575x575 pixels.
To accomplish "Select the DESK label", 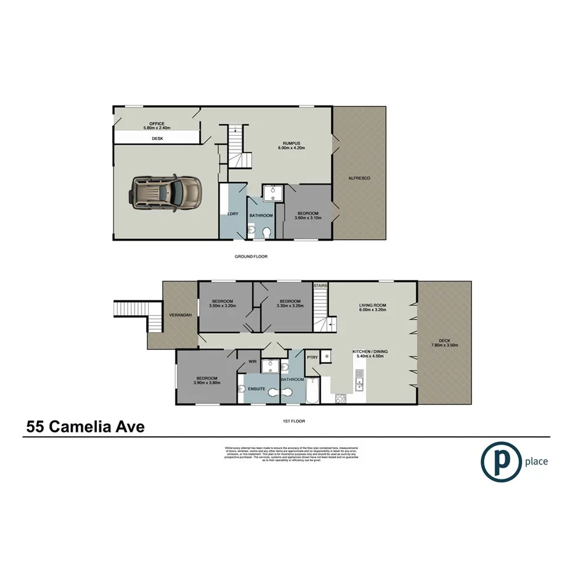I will click(x=157, y=139).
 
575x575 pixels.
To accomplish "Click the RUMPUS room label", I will click(x=291, y=143).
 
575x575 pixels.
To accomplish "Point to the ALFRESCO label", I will click(x=359, y=178).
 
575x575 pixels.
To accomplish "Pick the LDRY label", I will click(x=233, y=214).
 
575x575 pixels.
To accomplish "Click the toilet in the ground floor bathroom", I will click(x=266, y=233).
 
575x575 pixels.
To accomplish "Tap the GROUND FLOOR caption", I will click(x=250, y=256).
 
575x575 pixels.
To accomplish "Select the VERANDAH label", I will click(x=180, y=315).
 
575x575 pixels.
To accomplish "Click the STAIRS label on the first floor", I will click(x=320, y=286).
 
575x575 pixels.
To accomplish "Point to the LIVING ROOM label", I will click(x=373, y=305).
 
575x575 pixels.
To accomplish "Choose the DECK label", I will click(x=444, y=340).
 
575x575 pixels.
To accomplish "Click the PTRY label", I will click(x=312, y=357).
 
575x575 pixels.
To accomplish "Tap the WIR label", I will click(x=252, y=362).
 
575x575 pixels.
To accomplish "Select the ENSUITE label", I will click(x=257, y=389).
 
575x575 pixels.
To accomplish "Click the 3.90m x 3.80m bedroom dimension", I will click(x=207, y=383).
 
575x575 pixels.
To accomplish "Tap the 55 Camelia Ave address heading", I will click(x=85, y=426).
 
